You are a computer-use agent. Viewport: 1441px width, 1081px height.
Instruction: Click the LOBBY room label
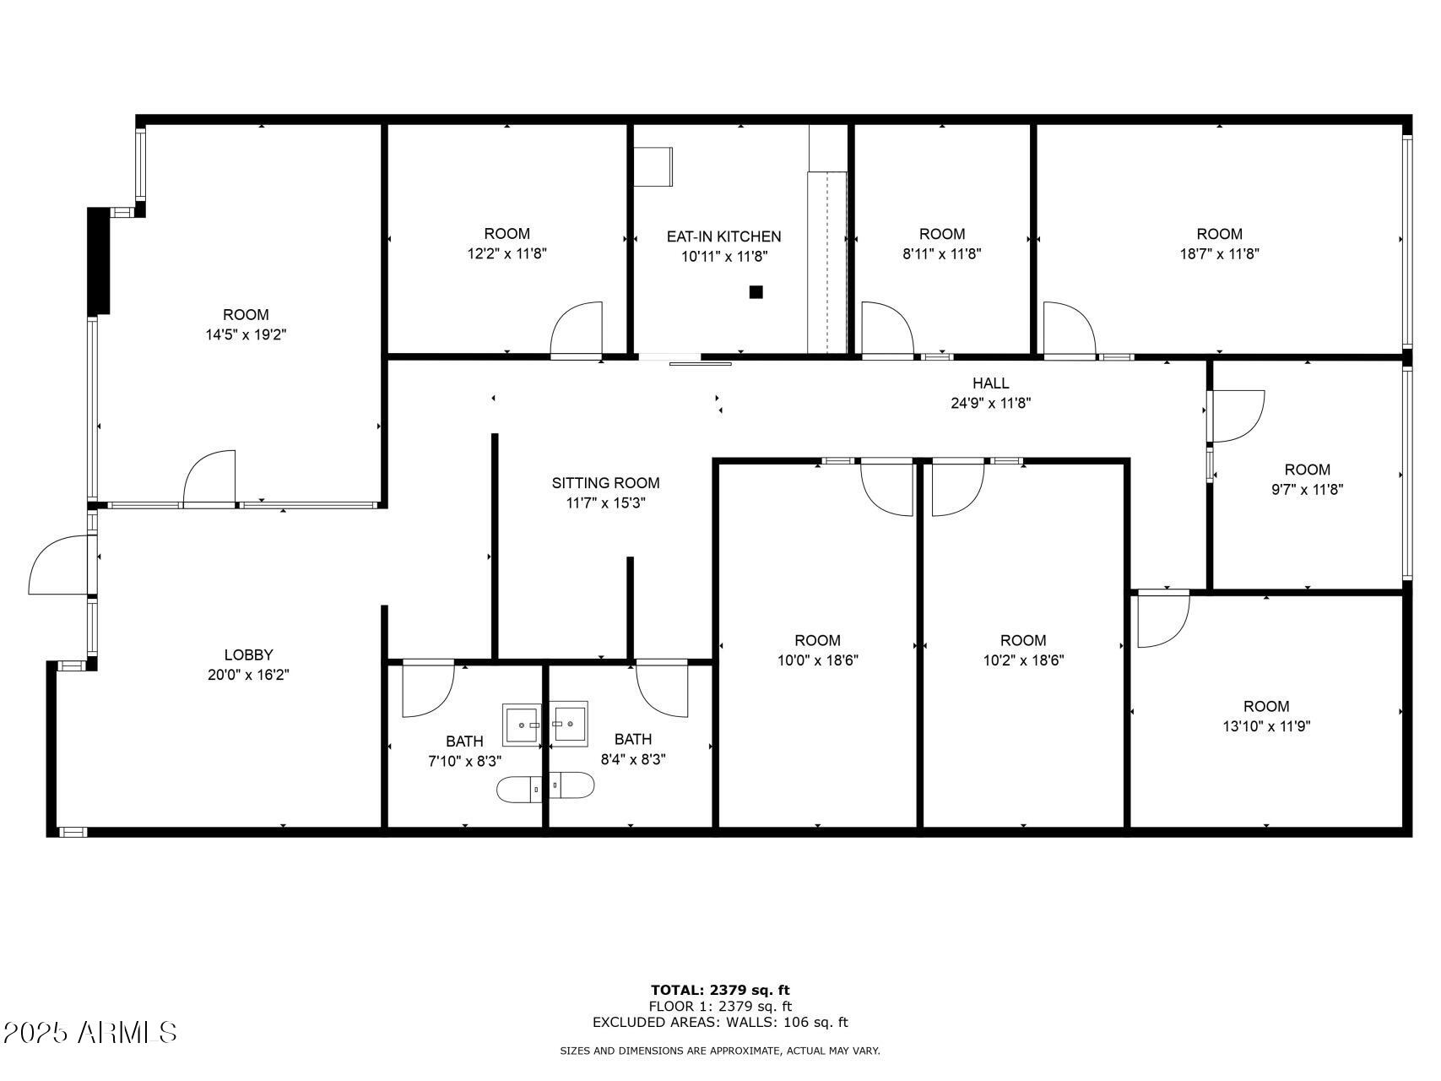click(x=248, y=655)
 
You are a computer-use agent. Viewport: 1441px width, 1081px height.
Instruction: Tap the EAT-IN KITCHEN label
click(x=723, y=236)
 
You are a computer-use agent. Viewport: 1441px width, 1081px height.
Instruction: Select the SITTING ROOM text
click(x=605, y=483)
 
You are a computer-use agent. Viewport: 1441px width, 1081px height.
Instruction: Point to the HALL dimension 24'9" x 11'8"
click(x=990, y=404)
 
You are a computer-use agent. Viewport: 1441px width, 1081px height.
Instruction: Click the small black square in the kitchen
click(x=756, y=292)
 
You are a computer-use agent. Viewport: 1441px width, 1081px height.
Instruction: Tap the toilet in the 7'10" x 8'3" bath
click(x=517, y=789)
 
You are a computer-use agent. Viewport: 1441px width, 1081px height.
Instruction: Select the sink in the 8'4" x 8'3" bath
click(x=572, y=723)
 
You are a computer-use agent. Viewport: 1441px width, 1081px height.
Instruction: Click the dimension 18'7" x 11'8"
click(x=1219, y=253)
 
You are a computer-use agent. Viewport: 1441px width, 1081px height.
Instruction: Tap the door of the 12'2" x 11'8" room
click(x=577, y=329)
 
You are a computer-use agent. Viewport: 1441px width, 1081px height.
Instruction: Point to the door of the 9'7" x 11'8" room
click(x=1237, y=416)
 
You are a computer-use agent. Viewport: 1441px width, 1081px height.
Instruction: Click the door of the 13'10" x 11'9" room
click(x=1162, y=619)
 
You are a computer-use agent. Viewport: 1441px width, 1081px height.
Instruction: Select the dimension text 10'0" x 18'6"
click(x=817, y=660)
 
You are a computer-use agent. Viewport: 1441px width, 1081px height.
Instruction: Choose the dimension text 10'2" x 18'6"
click(x=1023, y=660)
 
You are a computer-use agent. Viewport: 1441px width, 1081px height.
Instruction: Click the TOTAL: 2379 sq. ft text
click(x=720, y=990)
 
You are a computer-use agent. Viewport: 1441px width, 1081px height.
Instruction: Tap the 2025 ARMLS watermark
click(x=89, y=1032)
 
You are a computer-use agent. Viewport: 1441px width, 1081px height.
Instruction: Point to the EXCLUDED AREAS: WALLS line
click(x=720, y=1022)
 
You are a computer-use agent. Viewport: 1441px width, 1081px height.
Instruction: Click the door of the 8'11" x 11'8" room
click(x=886, y=328)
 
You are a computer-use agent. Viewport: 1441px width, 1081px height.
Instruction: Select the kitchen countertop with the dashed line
click(x=827, y=262)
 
